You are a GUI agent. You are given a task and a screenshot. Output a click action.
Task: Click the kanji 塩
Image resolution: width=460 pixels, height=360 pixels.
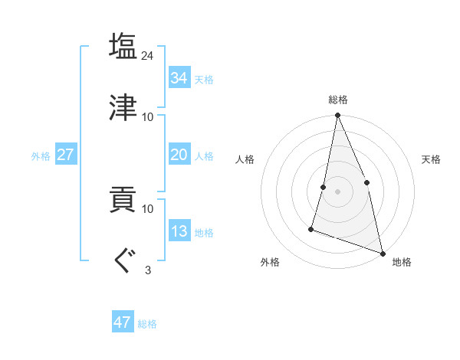tap(123, 47)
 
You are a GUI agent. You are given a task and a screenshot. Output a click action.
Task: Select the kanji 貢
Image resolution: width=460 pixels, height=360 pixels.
tap(123, 200)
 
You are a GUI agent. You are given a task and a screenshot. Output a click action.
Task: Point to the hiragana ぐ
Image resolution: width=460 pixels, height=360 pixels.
tap(123, 260)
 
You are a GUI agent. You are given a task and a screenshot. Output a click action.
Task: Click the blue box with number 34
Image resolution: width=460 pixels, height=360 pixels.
tap(179, 77)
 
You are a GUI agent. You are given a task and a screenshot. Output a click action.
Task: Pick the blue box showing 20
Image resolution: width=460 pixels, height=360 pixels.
tap(179, 155)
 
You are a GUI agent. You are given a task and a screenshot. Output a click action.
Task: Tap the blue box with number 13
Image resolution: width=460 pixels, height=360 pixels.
tap(179, 231)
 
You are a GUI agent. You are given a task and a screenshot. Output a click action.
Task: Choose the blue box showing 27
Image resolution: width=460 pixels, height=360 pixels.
tap(65, 155)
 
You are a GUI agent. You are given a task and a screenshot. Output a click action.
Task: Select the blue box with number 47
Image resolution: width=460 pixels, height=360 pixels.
tap(123, 322)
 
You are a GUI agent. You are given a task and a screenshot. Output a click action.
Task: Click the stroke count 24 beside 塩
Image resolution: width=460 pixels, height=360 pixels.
tap(148, 56)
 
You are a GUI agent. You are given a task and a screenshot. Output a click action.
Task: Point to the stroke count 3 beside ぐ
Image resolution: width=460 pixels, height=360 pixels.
tap(148, 270)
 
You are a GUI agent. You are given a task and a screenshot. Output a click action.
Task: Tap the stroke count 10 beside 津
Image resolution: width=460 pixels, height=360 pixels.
tap(148, 116)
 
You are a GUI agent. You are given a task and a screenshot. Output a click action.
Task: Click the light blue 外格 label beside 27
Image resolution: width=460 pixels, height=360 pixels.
tap(41, 156)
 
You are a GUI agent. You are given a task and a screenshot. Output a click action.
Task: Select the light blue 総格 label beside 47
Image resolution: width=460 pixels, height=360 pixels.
tap(147, 324)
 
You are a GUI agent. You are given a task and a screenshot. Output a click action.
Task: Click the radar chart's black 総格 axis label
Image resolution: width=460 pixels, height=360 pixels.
tap(338, 100)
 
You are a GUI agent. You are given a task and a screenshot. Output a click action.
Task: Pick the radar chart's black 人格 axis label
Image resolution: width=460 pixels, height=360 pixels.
tap(245, 159)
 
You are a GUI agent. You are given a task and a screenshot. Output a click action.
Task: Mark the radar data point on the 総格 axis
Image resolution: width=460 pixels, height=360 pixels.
tap(337, 116)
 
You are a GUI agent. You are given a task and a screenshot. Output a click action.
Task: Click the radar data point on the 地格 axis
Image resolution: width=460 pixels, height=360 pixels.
tap(382, 253)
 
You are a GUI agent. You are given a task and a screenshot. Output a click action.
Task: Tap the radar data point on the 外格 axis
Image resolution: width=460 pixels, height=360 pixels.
tap(311, 228)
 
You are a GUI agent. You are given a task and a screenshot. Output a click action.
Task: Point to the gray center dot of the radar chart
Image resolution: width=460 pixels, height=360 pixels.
tap(337, 191)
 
